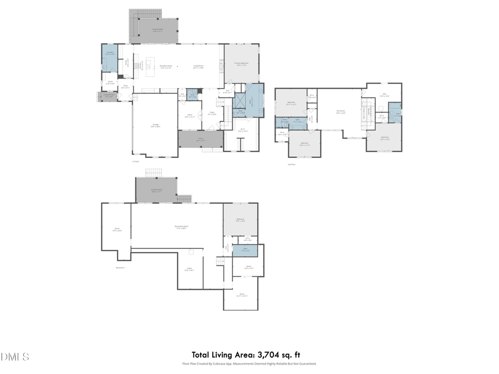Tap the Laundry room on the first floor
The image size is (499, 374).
(110, 53)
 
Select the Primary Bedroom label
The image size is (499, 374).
(241, 64)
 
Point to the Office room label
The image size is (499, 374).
(189, 116)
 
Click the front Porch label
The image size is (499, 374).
(200, 140)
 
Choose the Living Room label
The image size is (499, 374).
(198, 66)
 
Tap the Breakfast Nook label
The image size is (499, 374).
(165, 66)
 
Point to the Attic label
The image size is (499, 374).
(384, 95)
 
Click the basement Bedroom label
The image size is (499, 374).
(240, 219)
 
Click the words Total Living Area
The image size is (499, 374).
(221, 355)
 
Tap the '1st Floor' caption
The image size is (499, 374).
(135, 162)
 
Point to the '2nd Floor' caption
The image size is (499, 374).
(292, 165)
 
